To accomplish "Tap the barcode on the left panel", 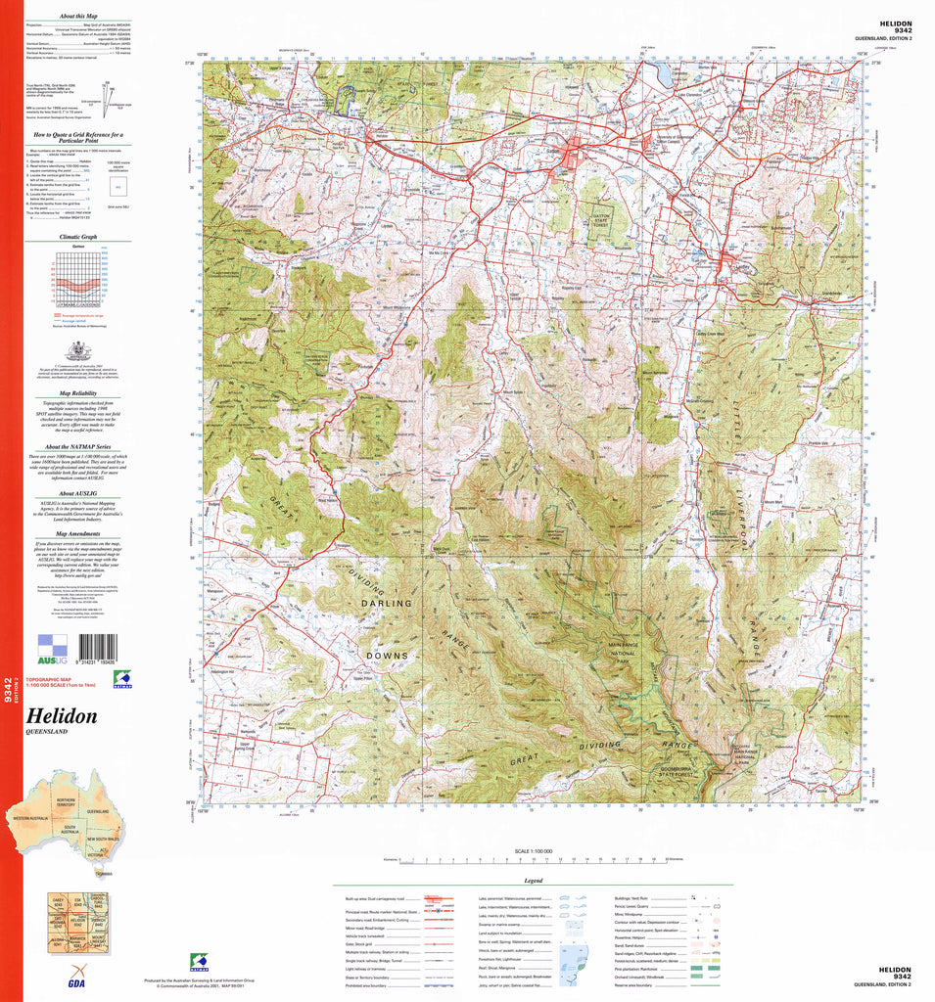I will coord(98,650).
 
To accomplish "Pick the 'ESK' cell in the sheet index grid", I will coord(78,901).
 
